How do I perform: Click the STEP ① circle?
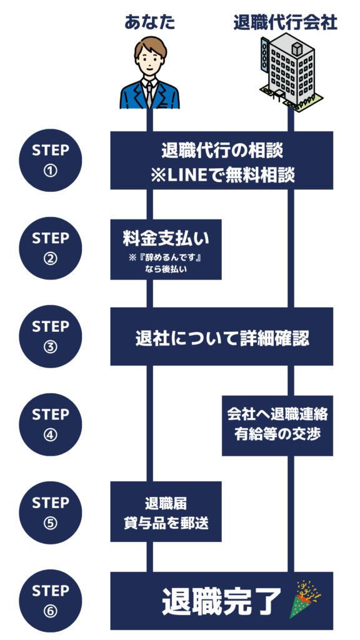point(50,160)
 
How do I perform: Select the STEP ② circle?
point(50,248)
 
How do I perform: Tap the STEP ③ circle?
point(50,336)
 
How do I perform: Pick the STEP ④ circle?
point(50,424)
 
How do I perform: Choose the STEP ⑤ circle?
point(50,512)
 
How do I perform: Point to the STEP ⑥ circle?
point(50,601)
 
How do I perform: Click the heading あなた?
point(150,22)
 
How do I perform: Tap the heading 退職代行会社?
point(286,23)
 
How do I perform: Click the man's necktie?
point(150,96)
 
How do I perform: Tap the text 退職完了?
point(222,601)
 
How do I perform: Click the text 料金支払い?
point(166,239)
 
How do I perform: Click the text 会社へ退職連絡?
point(277,415)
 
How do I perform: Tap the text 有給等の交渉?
point(277,434)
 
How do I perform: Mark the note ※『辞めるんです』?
point(166,259)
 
